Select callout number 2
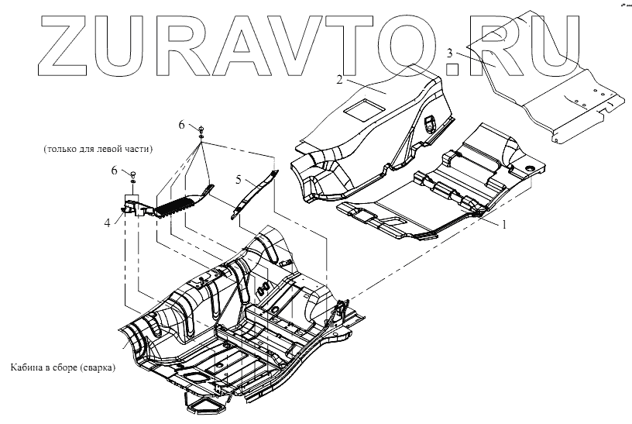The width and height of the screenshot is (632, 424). point(339,80)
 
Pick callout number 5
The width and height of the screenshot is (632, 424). point(240,179)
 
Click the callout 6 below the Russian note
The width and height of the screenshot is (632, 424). point(115,170)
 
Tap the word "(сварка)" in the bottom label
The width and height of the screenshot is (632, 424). point(96,367)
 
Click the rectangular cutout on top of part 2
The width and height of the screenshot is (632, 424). point(362,108)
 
